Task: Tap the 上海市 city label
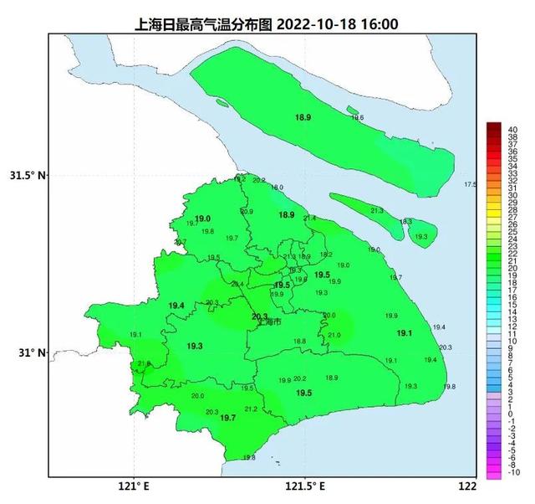coord(270,321)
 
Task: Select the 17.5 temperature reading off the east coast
coord(470,184)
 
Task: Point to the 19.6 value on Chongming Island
coord(357,118)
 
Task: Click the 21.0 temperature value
coord(334,335)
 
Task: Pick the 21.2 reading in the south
coord(251,409)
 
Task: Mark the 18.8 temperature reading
coord(300,341)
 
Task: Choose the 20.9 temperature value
coord(247,212)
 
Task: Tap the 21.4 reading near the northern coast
coord(310,219)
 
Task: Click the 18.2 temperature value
coord(327,255)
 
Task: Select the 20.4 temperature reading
coord(237,285)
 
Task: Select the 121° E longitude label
coord(134,486)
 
